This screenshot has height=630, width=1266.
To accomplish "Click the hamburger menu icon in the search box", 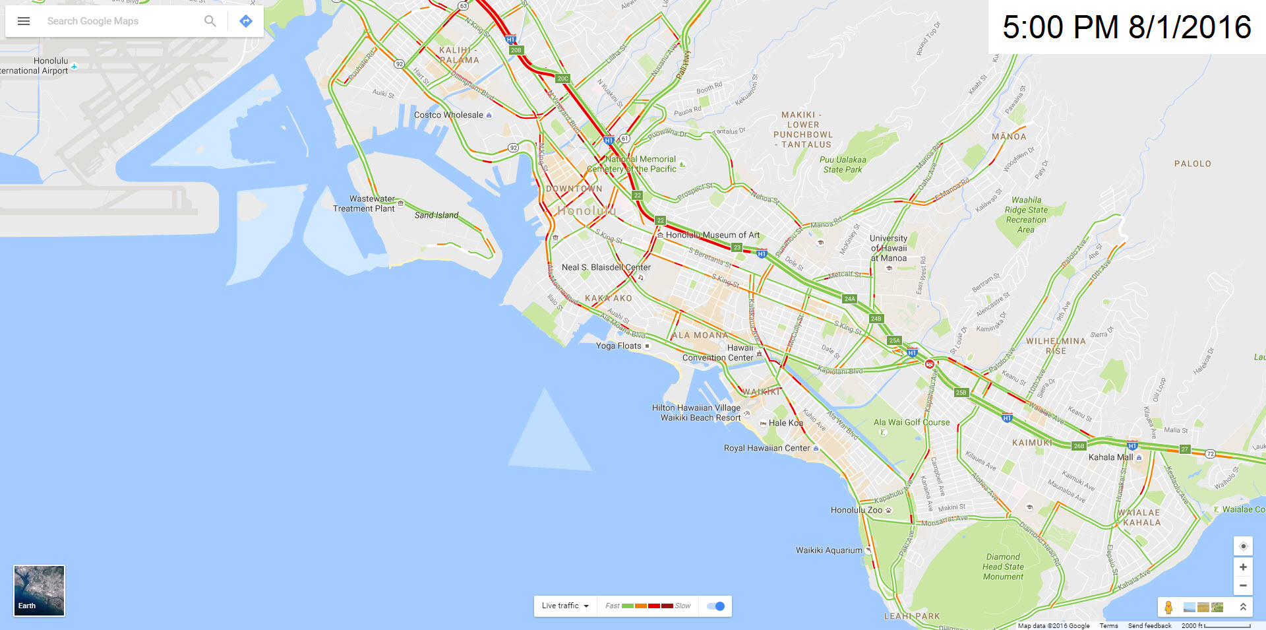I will (24, 21).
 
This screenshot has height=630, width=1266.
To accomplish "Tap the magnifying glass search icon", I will (210, 21).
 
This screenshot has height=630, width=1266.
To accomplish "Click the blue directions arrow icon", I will (246, 21).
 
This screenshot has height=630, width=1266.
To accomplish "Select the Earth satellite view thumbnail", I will (40, 590).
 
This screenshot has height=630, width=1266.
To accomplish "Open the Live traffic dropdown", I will (565, 606).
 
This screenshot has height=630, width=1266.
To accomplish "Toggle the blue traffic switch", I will (715, 606).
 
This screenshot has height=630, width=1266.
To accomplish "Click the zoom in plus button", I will (1243, 567).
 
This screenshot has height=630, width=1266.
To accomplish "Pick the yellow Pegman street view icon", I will (1168, 607).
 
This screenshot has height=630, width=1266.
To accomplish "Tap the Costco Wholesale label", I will (448, 115).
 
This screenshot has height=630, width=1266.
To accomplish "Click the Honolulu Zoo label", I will (857, 510).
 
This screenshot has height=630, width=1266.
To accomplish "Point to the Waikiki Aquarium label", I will (829, 550).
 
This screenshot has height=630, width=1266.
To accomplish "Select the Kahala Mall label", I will (1111, 457).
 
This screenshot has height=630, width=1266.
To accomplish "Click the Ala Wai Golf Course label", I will (912, 422).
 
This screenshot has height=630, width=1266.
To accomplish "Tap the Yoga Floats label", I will (618, 346).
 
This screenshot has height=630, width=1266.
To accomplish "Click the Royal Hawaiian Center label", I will (767, 448).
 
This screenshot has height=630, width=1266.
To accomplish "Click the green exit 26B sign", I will (1079, 446).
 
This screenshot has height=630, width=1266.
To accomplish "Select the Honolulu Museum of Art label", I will (713, 235).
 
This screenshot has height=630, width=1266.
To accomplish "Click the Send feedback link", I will (1149, 625).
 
